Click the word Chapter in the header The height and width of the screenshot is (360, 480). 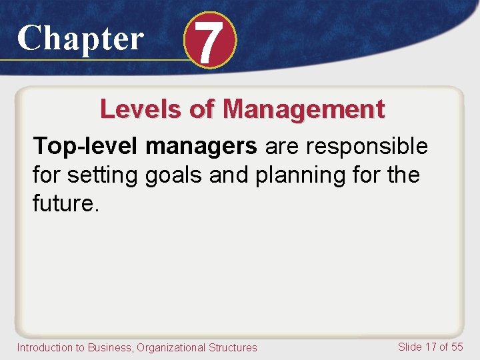[80, 39]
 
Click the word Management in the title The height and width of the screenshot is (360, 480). [304, 109]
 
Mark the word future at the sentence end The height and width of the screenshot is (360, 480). [63, 205]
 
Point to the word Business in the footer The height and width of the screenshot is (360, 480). [107, 347]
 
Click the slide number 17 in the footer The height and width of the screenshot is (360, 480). [431, 347]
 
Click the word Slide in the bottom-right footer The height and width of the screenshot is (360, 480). [410, 347]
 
